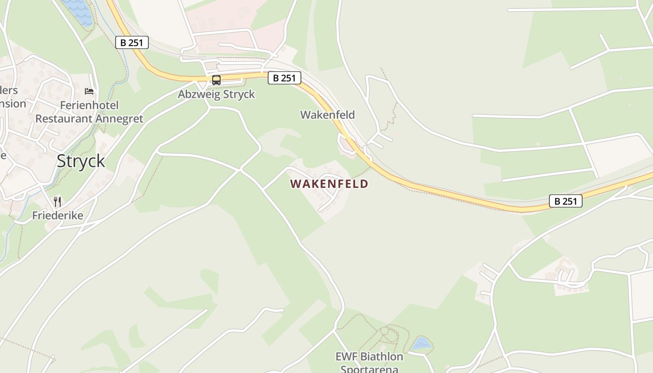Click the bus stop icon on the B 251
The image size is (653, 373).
[x=216, y=80]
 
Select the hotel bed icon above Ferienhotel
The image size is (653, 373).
[x=89, y=91]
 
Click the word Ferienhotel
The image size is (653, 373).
[x=89, y=105]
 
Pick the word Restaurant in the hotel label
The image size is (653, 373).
[x=64, y=118]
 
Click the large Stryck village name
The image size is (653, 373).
[x=81, y=161]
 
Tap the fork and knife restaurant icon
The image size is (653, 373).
[x=57, y=202]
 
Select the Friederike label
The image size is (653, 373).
[x=57, y=215]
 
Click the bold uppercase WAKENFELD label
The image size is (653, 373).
[x=329, y=184]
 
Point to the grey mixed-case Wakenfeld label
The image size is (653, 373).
[x=327, y=115]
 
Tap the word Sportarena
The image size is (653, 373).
[x=369, y=369]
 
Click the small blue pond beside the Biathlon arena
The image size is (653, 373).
[x=421, y=344]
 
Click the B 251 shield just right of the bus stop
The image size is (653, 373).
[x=285, y=78]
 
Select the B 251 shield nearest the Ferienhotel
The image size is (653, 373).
[x=132, y=43]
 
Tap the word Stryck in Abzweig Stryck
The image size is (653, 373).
[x=238, y=94]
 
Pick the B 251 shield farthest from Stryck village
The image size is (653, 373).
[x=566, y=201]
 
